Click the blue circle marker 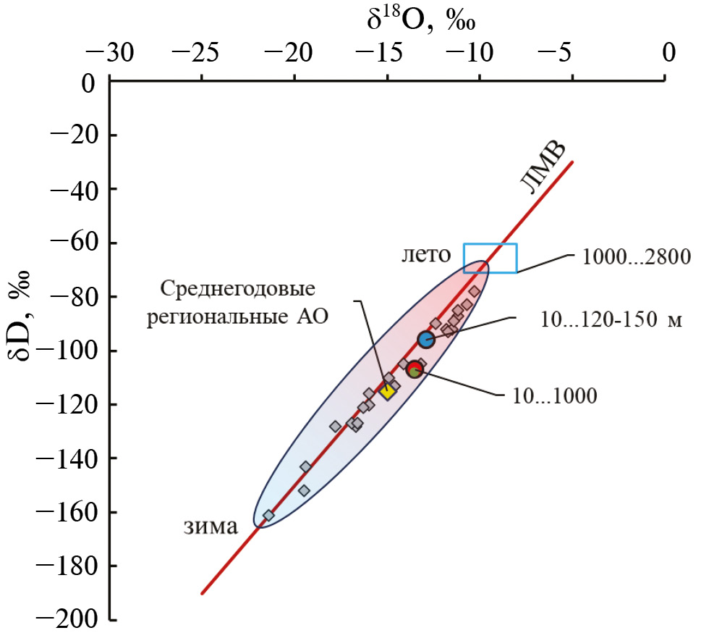425,339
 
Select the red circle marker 414,369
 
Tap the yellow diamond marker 387,391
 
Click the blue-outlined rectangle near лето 490,258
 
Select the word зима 210,527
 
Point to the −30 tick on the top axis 110,53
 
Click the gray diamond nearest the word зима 268,516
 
